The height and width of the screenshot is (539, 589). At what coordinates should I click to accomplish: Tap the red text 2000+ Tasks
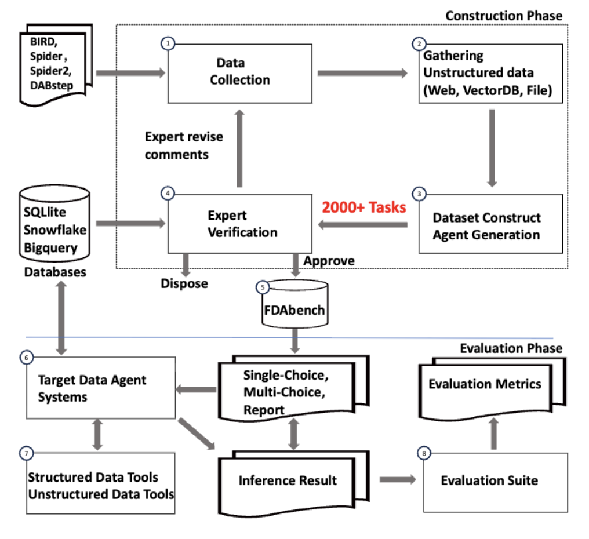[x=363, y=207]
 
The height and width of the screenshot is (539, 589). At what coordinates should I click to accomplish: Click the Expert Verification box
[x=240, y=224]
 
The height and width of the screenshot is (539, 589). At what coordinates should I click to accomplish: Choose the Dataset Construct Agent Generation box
[x=490, y=225]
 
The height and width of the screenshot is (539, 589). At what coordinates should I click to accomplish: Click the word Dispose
[x=184, y=284]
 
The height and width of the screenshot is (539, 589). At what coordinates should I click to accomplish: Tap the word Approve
[x=329, y=261]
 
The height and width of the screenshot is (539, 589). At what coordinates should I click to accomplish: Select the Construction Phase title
[x=504, y=16]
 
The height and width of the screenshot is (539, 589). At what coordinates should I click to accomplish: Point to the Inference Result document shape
[x=288, y=480]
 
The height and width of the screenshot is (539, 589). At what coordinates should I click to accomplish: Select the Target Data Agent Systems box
[x=100, y=387]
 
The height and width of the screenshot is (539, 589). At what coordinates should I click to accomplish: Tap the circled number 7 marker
[x=24, y=453]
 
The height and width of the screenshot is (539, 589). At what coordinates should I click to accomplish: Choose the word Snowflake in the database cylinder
[x=55, y=230]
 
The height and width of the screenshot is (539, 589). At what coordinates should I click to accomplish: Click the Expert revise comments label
[x=184, y=145]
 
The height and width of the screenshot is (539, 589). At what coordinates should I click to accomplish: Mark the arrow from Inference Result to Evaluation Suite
[x=398, y=480]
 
